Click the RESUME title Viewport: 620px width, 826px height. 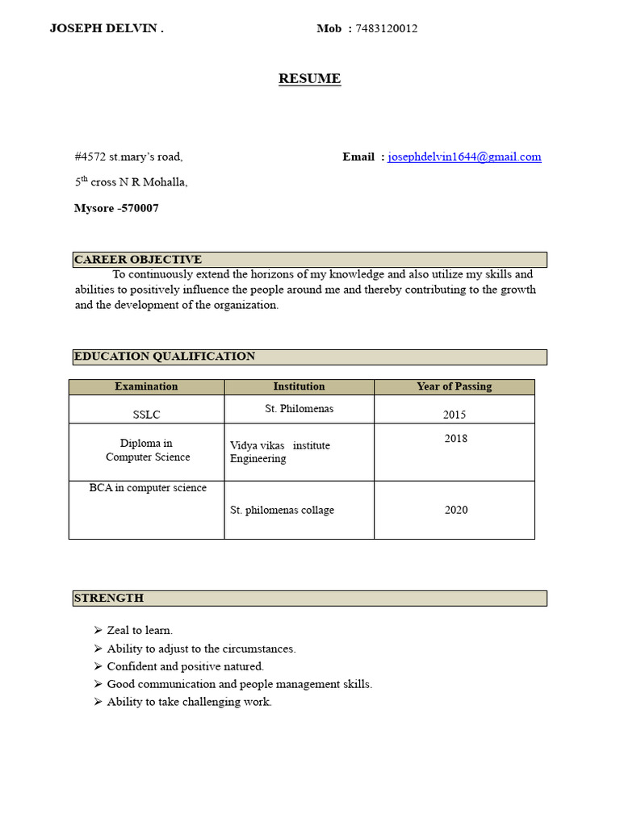[x=309, y=79]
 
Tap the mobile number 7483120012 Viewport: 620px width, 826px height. [x=387, y=29]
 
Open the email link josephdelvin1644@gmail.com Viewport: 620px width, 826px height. [x=464, y=157]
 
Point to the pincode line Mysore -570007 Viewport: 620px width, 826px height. [x=116, y=208]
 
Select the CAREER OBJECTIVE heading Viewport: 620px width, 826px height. [x=138, y=260]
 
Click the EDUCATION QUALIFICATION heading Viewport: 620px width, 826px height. [x=165, y=357]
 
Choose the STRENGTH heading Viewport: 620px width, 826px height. [x=109, y=599]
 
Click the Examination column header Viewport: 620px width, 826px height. [x=146, y=387]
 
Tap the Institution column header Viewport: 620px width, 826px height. [x=299, y=387]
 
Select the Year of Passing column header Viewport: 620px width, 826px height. [x=454, y=387]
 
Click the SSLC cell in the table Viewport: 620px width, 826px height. [x=146, y=415]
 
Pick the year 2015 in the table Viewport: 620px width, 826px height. [x=455, y=415]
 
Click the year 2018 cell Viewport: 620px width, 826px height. [x=455, y=440]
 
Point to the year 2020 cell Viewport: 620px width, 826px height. [x=455, y=511]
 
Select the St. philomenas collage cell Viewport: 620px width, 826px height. [x=282, y=511]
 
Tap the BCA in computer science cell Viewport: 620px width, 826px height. [x=148, y=488]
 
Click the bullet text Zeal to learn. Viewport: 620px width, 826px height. [x=140, y=631]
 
